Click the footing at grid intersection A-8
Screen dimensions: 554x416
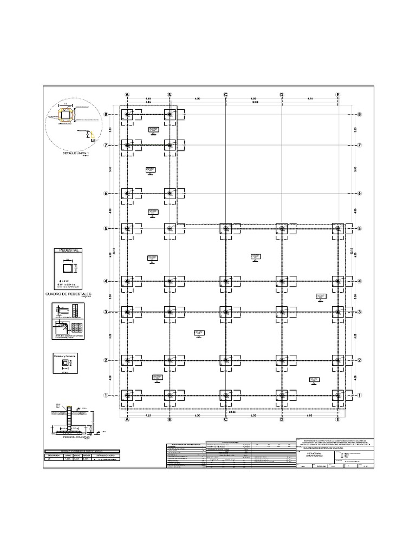click(127, 115)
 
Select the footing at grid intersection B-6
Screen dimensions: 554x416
click(170, 194)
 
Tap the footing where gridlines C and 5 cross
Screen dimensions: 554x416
click(226, 229)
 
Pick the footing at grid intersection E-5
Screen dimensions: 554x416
click(338, 229)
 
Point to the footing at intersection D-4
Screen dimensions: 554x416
click(282, 281)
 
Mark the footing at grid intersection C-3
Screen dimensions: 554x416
click(226, 312)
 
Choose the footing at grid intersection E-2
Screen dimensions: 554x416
click(338, 360)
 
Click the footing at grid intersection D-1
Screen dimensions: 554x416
click(282, 395)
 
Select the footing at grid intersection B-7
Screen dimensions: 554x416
click(170, 145)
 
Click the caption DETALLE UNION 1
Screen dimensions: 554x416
click(75, 154)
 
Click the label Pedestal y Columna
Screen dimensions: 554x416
click(66, 357)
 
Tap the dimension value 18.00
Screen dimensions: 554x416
click(253, 102)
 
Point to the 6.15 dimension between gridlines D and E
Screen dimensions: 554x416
click(310, 98)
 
